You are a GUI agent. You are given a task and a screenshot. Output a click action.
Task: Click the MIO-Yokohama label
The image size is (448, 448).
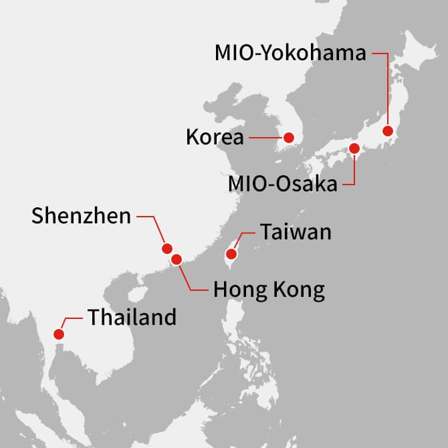tap(290, 53)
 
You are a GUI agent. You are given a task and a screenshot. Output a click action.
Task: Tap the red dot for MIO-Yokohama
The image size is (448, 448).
tap(387, 131)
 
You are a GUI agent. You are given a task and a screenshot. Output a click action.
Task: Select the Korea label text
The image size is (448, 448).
tap(215, 138)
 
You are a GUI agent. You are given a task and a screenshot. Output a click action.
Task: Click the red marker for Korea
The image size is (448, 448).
tap(289, 138)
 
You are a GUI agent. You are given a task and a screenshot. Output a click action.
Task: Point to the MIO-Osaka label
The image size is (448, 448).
tap(282, 183)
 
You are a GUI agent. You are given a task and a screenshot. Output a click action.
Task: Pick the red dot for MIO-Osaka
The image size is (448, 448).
tap(354, 148)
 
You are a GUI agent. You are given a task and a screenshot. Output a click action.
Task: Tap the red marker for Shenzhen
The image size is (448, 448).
tap(167, 248)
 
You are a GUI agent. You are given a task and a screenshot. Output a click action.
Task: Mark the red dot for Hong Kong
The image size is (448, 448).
tap(177, 259)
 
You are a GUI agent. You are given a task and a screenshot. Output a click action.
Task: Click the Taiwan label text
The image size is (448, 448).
tap(296, 232)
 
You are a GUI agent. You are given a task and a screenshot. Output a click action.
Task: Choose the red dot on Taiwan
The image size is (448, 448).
tap(231, 254)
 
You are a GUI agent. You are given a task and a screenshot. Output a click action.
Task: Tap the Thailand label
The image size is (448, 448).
tap(132, 316)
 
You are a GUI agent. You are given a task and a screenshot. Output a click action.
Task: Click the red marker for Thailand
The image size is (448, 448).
tap(59, 334)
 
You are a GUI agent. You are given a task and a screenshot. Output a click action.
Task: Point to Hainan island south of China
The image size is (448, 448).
tap(136, 295)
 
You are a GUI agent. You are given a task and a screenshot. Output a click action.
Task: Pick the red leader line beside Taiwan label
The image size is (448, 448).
tap(245, 233)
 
